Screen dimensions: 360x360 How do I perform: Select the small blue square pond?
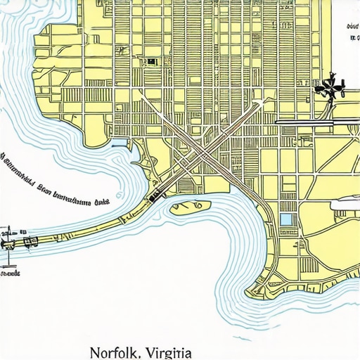click(x=285, y=219)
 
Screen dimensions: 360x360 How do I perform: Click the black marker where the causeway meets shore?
click(x=152, y=199)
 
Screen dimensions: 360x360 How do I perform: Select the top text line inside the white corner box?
click(x=352, y=26)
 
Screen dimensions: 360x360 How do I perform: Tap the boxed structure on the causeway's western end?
click(x=30, y=242)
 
